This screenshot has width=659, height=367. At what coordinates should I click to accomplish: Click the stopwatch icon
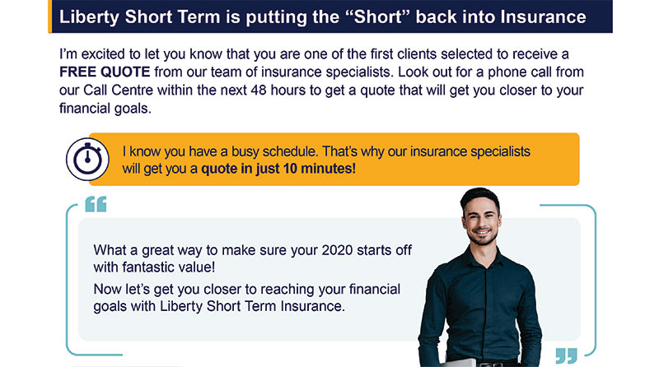tap(87, 159)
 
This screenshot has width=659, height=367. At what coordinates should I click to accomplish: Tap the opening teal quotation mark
tap(96, 204)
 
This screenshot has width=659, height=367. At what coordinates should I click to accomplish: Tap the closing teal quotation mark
tap(566, 355)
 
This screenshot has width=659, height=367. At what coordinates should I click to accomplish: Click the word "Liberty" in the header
tap(89, 17)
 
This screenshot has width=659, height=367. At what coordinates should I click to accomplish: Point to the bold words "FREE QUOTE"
tap(105, 72)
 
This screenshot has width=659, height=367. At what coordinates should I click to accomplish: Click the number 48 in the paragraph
tap(259, 90)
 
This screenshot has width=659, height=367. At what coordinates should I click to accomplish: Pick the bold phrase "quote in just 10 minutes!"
tap(278, 169)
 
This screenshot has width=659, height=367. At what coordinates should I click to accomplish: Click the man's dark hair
tap(479, 197)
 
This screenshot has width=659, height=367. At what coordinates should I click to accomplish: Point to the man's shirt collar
tap(484, 255)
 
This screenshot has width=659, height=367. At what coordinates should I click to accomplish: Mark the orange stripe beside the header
tap(50, 16)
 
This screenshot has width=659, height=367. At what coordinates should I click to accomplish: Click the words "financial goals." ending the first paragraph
tap(105, 109)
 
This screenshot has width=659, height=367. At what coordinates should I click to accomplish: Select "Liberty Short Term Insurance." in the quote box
tap(252, 306)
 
